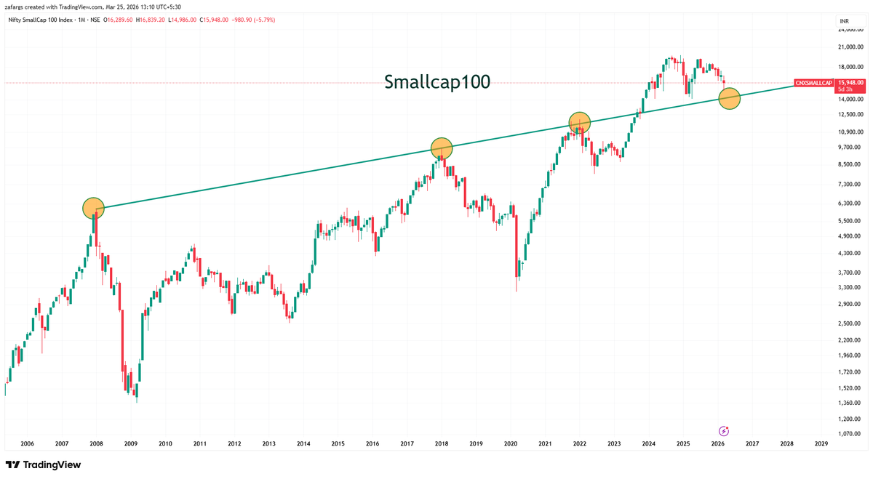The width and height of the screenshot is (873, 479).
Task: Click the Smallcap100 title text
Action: (x=437, y=82)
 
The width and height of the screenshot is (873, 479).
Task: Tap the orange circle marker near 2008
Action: (x=93, y=209)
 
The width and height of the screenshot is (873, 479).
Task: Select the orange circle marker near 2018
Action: (x=442, y=148)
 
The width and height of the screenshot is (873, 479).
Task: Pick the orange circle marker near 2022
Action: (x=579, y=123)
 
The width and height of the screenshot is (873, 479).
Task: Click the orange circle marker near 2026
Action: (x=729, y=98)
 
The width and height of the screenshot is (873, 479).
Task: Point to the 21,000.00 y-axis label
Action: (x=850, y=47)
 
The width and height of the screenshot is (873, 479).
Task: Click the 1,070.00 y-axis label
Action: (x=850, y=434)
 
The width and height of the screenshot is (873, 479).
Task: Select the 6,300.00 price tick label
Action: (x=850, y=204)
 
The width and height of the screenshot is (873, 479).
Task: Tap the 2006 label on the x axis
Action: (x=28, y=443)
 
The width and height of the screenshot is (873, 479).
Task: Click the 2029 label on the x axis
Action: (x=821, y=443)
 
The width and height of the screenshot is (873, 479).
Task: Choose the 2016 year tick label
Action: (x=372, y=443)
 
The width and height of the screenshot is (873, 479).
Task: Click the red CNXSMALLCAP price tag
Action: (x=813, y=84)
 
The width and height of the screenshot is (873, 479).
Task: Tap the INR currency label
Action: (x=844, y=22)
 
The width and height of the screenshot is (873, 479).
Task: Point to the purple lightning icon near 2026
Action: (x=724, y=431)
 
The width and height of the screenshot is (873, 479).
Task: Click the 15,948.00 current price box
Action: (x=850, y=83)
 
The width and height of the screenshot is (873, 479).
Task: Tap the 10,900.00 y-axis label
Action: (x=850, y=132)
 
